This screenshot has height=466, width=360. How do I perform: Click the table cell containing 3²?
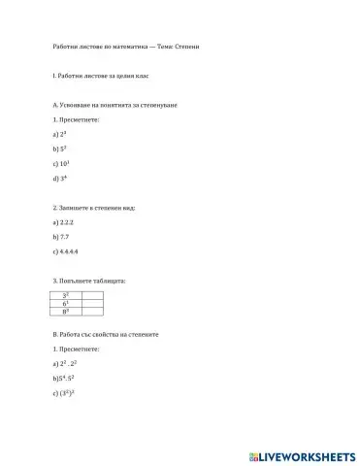click(65, 294)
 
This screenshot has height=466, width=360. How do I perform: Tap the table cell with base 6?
click(65, 304)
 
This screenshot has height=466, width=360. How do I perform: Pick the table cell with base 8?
click(65, 313)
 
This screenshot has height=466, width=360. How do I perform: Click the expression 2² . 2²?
click(71, 362)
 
